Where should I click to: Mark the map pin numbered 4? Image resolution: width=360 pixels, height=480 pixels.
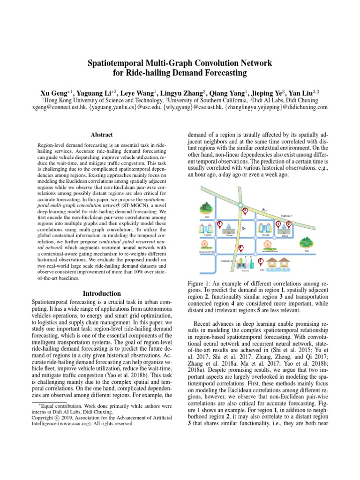[244, 210]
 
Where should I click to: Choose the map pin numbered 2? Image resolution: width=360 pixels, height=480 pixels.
[289, 225]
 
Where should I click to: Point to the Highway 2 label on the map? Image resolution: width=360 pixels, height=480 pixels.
[227, 261]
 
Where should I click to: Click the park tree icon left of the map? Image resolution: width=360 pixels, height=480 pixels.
[206, 208]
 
